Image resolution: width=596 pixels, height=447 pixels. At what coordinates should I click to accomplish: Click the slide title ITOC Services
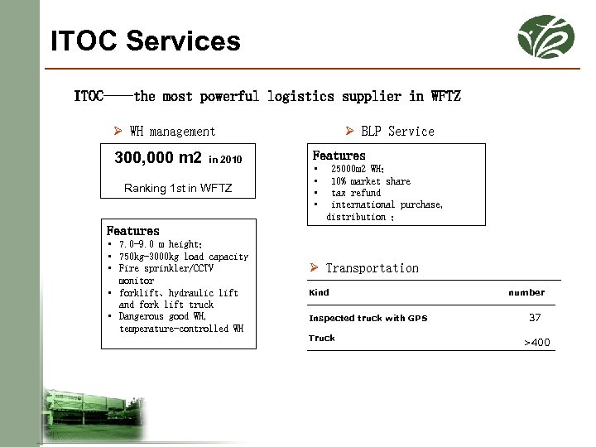[146, 41]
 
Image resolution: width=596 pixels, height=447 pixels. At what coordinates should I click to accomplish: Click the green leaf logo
[545, 37]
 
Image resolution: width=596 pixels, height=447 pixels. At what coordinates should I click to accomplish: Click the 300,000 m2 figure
[158, 157]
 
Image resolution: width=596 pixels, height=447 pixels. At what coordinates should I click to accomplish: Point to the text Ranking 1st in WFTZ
[178, 189]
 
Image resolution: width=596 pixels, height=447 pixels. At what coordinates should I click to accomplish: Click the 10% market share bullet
[370, 181]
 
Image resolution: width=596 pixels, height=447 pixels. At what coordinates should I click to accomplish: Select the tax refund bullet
[356, 193]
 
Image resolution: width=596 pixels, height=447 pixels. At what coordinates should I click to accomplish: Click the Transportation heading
[372, 268]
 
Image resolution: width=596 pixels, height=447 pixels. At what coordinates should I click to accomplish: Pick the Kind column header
[319, 292]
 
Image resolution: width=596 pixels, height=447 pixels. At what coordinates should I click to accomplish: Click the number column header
[526, 292]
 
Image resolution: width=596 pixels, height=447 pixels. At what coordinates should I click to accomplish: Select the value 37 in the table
[535, 317]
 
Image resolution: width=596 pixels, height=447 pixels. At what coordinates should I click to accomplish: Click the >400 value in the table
[536, 342]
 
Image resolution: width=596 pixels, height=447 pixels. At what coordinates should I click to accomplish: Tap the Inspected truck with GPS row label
[368, 318]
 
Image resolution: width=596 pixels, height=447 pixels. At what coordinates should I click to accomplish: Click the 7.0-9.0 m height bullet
[161, 245]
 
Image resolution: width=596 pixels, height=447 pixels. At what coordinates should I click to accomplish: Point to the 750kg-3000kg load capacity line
[183, 257]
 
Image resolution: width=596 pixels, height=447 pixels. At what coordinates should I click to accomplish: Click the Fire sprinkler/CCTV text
[166, 269]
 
